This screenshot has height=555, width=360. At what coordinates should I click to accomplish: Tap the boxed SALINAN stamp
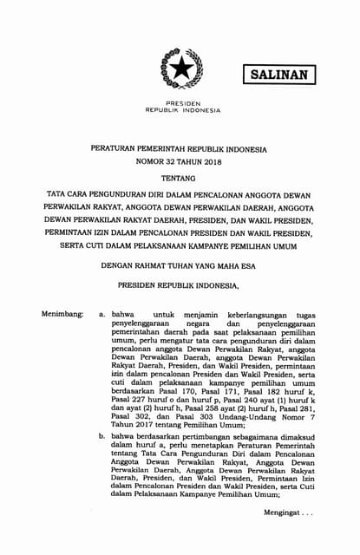(x=279, y=75)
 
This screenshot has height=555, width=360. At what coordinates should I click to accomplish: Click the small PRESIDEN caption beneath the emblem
(x=182, y=102)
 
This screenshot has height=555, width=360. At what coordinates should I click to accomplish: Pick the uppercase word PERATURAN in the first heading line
(x=116, y=148)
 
